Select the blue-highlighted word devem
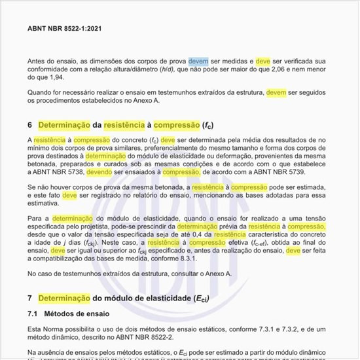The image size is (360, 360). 198,61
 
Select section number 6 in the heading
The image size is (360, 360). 29,124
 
